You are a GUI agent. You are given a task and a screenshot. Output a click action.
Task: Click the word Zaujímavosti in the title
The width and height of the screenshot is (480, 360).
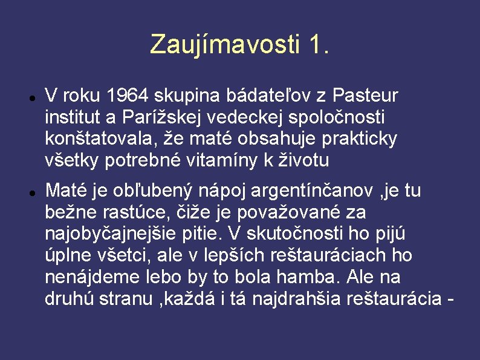pyautogui.click(x=224, y=44)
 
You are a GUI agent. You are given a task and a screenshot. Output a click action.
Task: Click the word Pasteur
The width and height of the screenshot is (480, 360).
pyautogui.click(x=365, y=96)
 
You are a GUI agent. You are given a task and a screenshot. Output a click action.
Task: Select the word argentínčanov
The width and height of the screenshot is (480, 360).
pyautogui.click(x=312, y=191)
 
